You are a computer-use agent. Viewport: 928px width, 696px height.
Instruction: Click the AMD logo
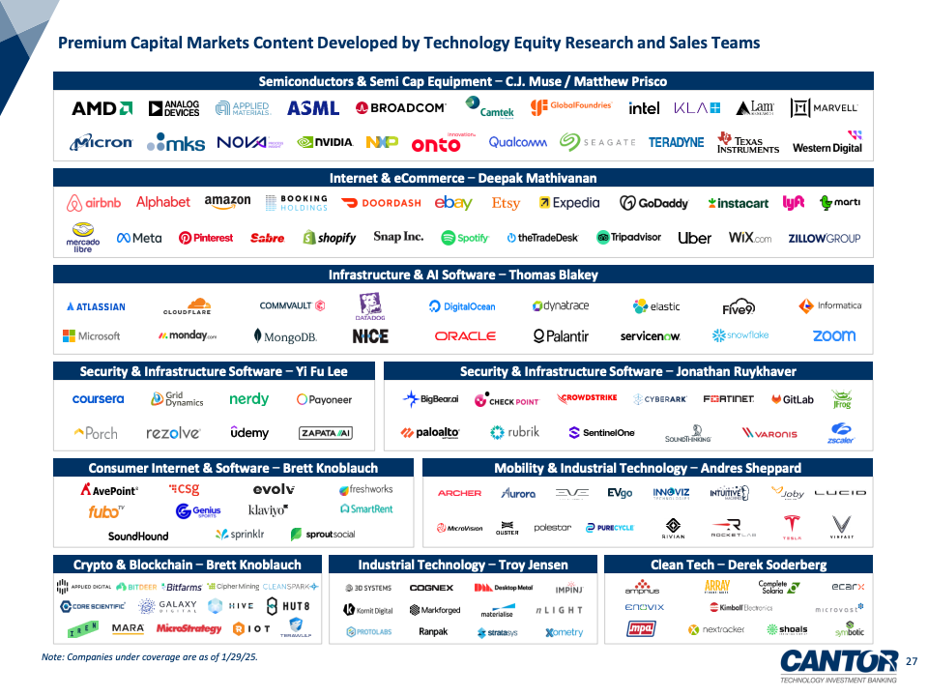[x=101, y=108]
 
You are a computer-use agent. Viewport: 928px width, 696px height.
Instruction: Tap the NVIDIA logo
[x=325, y=142]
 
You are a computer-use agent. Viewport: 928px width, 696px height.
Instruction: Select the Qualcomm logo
[x=517, y=142]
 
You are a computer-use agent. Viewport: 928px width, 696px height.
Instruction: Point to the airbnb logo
[x=94, y=203]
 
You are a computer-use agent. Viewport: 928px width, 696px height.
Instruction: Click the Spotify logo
[x=465, y=238]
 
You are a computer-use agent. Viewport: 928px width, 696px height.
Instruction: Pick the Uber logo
[x=694, y=238]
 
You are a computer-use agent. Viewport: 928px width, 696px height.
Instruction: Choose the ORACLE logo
[x=465, y=336]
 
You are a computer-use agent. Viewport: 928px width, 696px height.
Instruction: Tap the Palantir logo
[x=561, y=336]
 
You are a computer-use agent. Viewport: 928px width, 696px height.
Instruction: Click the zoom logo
[x=833, y=335]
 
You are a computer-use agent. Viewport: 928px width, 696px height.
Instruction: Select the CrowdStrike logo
[x=587, y=398]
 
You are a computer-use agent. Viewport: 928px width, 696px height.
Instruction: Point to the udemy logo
[x=249, y=432]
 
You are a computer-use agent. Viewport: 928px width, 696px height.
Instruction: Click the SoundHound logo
[x=138, y=536]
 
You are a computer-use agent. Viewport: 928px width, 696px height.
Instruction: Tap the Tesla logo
[x=793, y=527]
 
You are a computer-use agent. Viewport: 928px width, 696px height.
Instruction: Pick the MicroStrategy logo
[x=189, y=628]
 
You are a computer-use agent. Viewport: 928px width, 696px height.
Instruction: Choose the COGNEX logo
[x=431, y=588]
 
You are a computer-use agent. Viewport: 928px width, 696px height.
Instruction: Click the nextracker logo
[x=716, y=629]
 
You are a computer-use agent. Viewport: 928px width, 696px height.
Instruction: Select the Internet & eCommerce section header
[x=463, y=178]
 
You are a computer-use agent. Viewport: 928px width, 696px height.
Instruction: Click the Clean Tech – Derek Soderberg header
[x=739, y=565]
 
